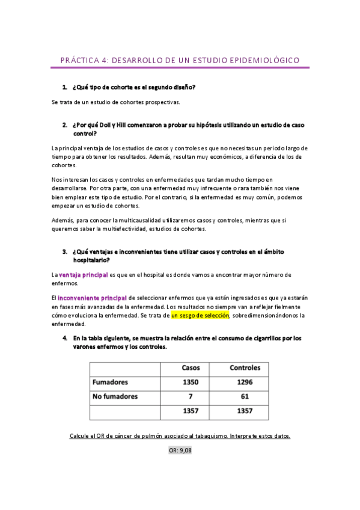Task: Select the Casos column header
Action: coord(191,367)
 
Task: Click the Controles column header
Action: coord(245,367)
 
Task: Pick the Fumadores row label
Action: coord(110,382)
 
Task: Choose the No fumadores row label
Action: coord(115,396)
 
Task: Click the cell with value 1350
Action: coord(191,382)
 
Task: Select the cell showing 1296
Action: coord(245,382)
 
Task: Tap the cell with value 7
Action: coord(191,396)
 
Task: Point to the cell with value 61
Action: coord(245,396)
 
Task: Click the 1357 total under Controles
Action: coord(245,411)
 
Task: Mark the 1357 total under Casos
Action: coord(191,411)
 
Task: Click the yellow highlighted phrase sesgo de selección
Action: coord(200,315)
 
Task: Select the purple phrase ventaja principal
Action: coord(83,275)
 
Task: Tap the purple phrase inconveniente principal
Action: coord(92,298)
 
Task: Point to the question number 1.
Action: coord(64,87)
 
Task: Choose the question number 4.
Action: coord(64,338)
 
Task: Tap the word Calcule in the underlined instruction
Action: coord(81,435)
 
